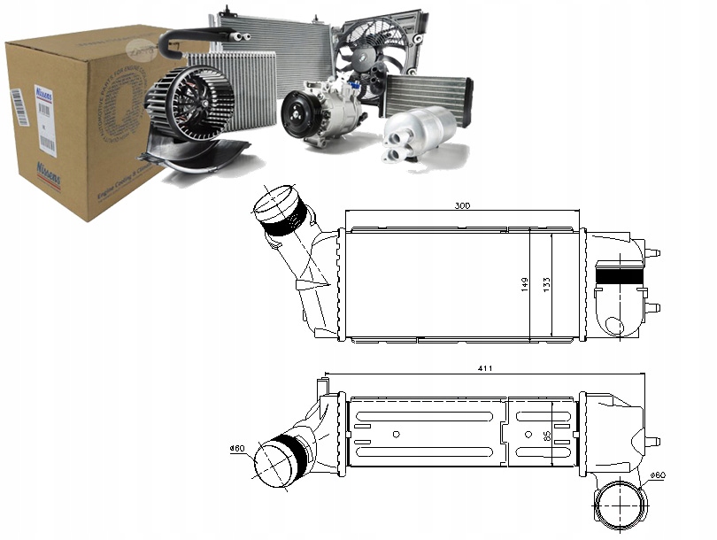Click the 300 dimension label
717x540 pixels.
pyautogui.click(x=462, y=205)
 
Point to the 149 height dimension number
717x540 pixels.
pyautogui.click(x=525, y=284)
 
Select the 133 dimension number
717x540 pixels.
pyautogui.click(x=549, y=284)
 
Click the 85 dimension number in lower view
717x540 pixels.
pyautogui.click(x=546, y=435)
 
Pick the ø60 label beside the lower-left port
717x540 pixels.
pyautogui.click(x=236, y=448)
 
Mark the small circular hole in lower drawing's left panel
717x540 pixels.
pyautogui.click(x=396, y=433)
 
